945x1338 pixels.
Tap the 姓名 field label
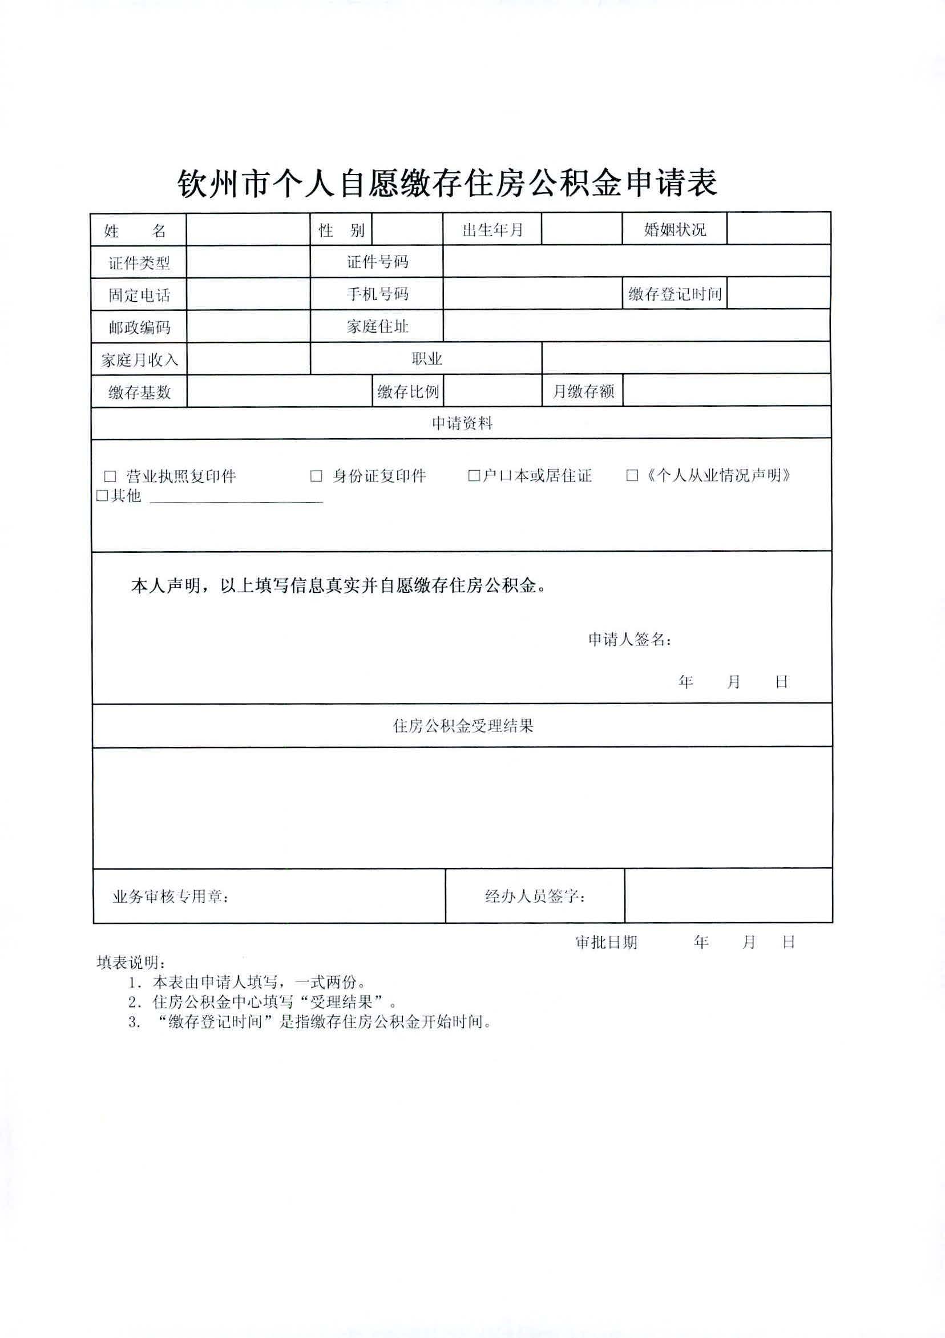pos(136,231)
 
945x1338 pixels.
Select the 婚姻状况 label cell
pos(675,229)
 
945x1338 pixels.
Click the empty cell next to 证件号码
pos(636,261)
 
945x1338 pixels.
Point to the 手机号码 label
pos(377,294)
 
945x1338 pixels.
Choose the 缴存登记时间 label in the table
pos(675,294)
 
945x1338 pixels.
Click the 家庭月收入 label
pos(139,359)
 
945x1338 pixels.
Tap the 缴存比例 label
pos(407,391)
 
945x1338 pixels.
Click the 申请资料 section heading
pos(462,423)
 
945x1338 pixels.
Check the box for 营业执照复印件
pos(110,476)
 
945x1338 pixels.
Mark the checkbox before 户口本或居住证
pos(474,476)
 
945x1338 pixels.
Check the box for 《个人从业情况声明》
pos(632,476)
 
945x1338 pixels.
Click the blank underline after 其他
pos(236,496)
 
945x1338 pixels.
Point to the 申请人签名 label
pos(629,640)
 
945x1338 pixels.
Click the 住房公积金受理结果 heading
pos(463,726)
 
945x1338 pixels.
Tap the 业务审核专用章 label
pos(170,897)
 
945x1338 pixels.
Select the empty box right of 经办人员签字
pos(728,896)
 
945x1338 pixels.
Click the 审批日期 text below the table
pos(606,943)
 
